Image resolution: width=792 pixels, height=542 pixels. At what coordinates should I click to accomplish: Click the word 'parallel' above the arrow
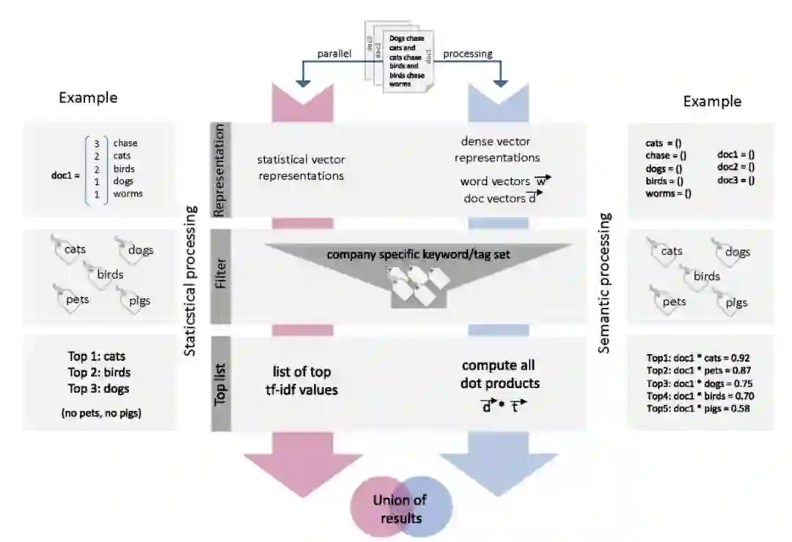(x=334, y=54)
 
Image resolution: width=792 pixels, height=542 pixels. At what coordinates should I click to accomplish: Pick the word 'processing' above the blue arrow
(x=469, y=53)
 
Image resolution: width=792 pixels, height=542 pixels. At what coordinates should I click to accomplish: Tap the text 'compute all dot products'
(x=499, y=374)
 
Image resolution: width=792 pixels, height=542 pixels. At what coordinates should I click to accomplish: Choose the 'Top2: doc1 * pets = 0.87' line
(x=700, y=370)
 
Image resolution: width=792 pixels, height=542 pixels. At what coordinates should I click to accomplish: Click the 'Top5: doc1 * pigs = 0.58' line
(x=700, y=409)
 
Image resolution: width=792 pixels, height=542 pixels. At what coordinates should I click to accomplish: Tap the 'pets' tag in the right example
(x=673, y=301)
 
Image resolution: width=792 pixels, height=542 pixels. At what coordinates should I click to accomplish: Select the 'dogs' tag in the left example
(x=140, y=250)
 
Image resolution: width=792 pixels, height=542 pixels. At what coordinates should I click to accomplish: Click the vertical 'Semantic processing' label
(x=605, y=282)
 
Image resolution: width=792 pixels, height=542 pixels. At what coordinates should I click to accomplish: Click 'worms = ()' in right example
(x=669, y=194)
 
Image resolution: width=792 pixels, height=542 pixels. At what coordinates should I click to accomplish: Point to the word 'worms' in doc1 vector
(x=128, y=194)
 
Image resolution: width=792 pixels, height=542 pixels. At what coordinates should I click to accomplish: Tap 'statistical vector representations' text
(x=300, y=168)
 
